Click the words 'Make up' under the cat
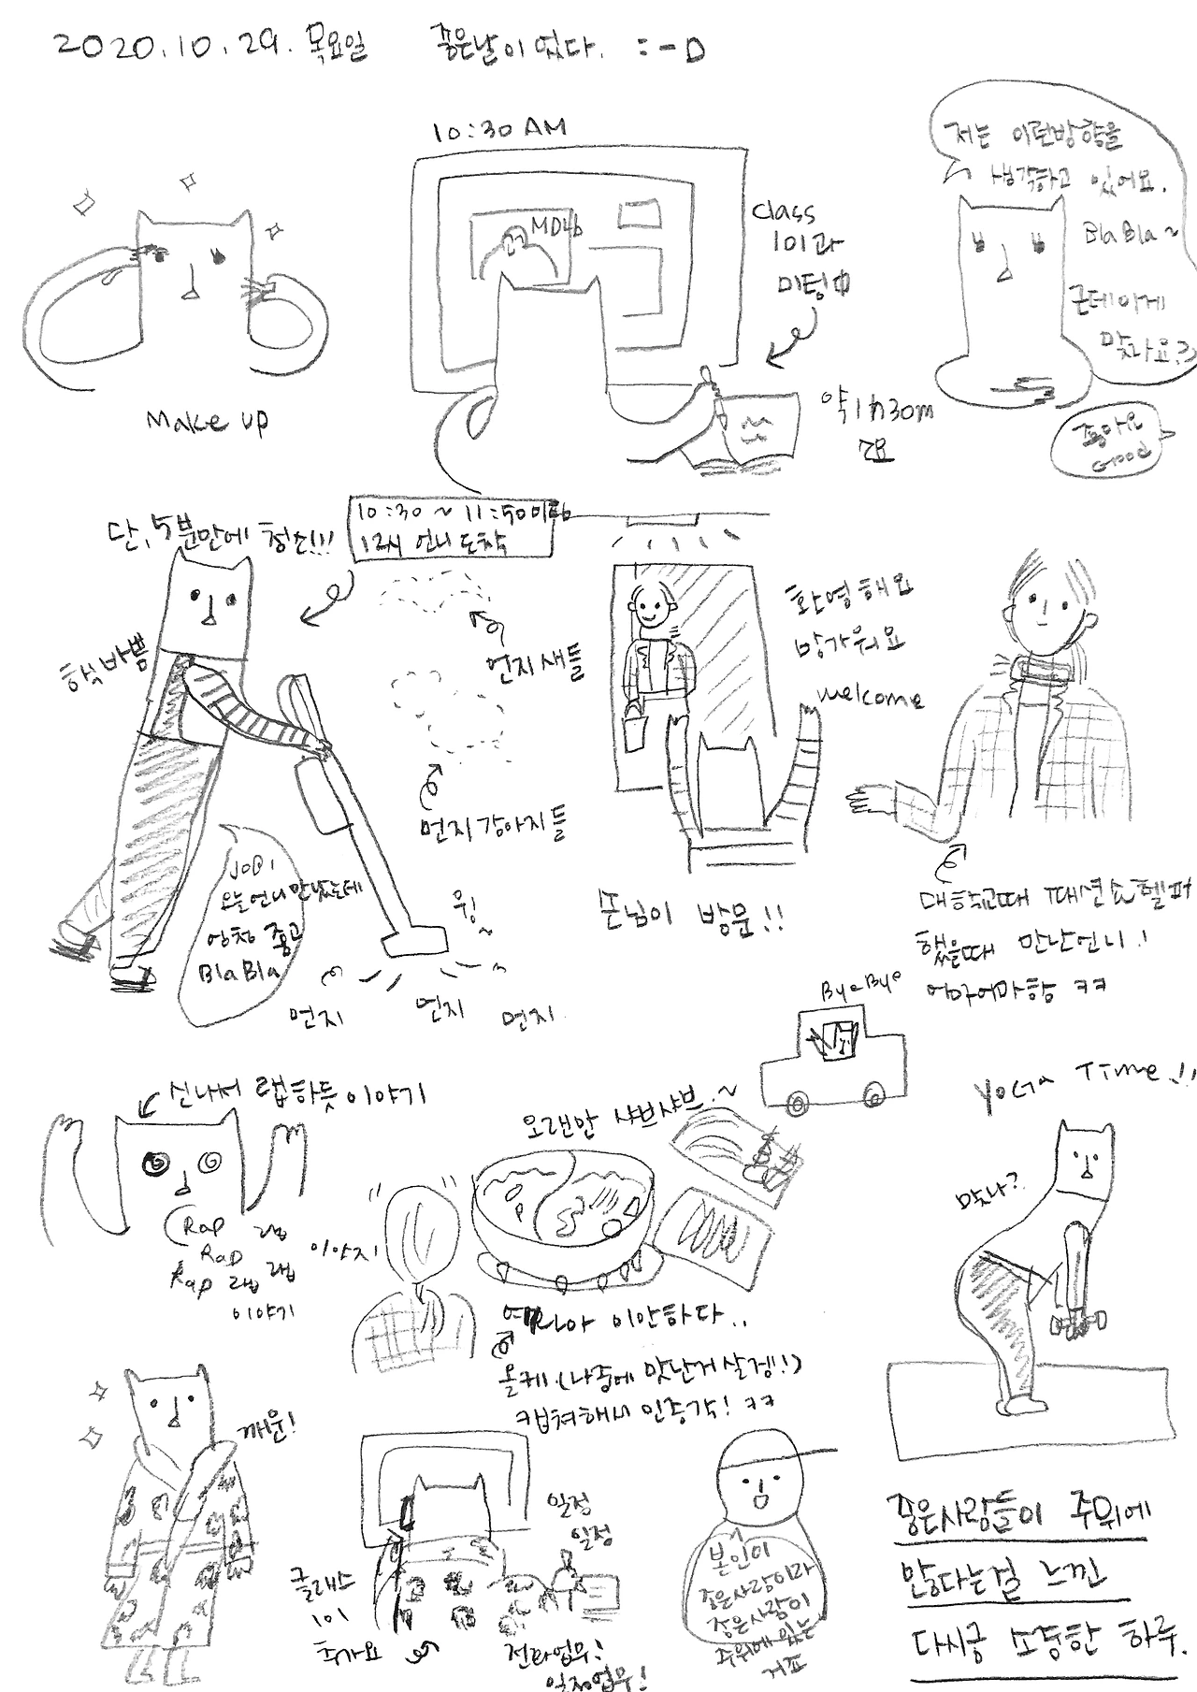(207, 423)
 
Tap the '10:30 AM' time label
(499, 130)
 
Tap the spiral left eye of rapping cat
(153, 1164)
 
